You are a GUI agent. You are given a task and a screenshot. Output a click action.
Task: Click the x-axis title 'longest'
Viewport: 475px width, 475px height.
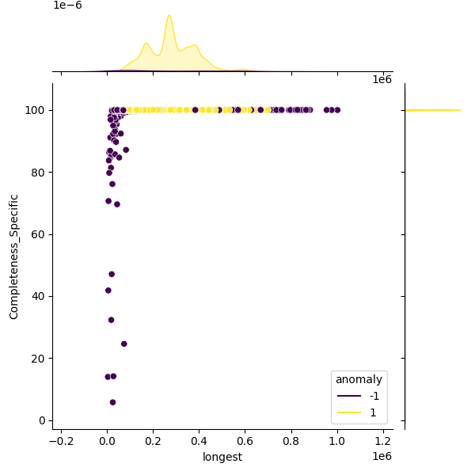222,457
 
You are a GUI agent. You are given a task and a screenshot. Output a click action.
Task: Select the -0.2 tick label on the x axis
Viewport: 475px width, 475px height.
61,442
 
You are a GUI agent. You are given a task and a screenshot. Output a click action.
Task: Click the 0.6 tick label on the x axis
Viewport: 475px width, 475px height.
245,442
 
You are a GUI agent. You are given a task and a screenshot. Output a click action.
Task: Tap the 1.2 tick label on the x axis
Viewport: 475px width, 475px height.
383,442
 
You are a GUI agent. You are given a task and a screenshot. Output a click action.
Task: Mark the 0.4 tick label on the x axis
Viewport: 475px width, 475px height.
199,442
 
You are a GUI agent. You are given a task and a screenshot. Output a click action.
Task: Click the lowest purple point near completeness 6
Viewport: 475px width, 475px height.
112,402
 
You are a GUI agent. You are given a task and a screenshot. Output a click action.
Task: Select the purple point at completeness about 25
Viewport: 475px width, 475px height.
123,344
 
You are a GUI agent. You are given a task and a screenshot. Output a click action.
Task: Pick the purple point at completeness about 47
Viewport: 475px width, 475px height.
112,274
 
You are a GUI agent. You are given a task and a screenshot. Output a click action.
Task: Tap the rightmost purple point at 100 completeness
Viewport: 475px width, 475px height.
337,110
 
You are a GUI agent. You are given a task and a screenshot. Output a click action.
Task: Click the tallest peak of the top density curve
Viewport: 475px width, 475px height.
169,15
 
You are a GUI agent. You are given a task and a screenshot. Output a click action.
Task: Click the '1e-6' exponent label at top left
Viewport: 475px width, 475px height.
67,6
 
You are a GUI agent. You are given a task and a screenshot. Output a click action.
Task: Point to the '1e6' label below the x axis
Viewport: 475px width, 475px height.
382,456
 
